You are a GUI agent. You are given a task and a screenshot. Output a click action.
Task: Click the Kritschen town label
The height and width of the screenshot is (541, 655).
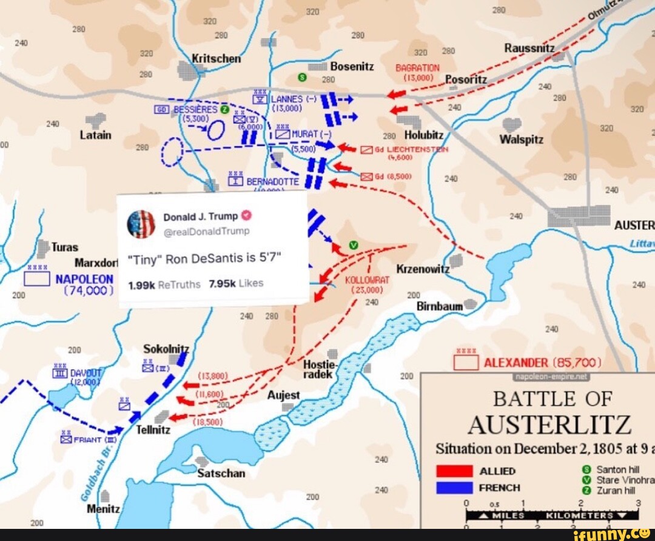click(x=217, y=59)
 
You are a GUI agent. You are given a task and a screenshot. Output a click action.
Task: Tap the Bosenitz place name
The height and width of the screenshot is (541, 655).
click(x=352, y=67)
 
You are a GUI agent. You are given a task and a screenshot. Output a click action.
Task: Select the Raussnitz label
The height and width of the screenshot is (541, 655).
click(x=529, y=48)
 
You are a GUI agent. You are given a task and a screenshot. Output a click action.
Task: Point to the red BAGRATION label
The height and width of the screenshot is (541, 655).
click(x=417, y=69)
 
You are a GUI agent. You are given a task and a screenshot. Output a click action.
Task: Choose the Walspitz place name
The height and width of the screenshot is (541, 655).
click(x=522, y=139)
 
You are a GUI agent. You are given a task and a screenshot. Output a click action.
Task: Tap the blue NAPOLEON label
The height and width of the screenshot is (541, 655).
click(x=84, y=279)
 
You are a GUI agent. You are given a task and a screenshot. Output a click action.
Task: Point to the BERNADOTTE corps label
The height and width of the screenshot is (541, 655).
click(x=272, y=181)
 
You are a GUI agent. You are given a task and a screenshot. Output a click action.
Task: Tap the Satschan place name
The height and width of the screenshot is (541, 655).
click(x=221, y=473)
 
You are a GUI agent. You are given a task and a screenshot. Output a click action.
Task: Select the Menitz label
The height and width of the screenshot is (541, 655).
click(x=104, y=509)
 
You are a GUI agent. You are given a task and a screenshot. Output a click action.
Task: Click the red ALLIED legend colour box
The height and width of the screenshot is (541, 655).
click(x=454, y=471)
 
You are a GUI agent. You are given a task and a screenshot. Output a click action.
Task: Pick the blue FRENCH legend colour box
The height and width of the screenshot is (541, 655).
click(x=454, y=488)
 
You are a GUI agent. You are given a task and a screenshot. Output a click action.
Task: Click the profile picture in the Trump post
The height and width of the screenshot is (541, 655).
click(x=141, y=224)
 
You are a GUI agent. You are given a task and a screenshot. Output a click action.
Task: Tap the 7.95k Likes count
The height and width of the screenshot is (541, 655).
click(x=237, y=283)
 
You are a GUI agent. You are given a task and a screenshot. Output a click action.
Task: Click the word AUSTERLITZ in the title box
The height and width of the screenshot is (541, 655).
click(x=549, y=425)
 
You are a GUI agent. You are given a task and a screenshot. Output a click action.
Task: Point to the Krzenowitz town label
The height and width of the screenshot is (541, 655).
click(x=423, y=269)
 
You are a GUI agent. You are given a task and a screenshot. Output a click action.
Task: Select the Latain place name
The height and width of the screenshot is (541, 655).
click(x=96, y=135)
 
